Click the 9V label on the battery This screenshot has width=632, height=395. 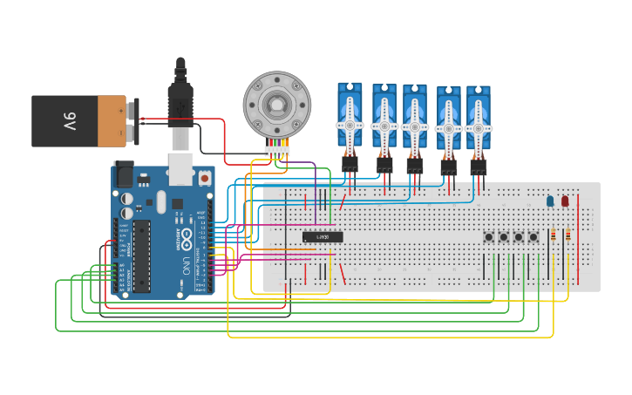(x=69, y=121)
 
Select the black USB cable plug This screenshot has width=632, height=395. (x=180, y=105)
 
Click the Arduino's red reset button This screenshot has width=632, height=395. (x=205, y=177)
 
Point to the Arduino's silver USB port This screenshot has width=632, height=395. (x=180, y=168)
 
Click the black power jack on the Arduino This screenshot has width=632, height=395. (x=123, y=176)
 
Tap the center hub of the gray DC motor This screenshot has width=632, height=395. (x=276, y=105)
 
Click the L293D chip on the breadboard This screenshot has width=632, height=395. (x=323, y=236)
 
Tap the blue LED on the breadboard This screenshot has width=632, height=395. (x=549, y=201)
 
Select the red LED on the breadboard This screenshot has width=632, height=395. (x=565, y=201)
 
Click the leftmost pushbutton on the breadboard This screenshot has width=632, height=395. (x=489, y=236)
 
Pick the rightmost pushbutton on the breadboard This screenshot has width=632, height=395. (x=533, y=236)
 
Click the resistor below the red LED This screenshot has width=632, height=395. (x=568, y=235)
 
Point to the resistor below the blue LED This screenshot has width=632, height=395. (x=554, y=235)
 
